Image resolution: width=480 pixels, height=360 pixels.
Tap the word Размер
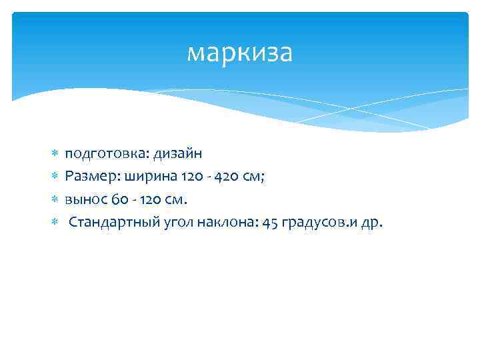tap(87, 177)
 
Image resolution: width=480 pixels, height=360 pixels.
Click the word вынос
tap(84, 199)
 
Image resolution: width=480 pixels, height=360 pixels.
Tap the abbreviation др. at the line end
tap(371, 222)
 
